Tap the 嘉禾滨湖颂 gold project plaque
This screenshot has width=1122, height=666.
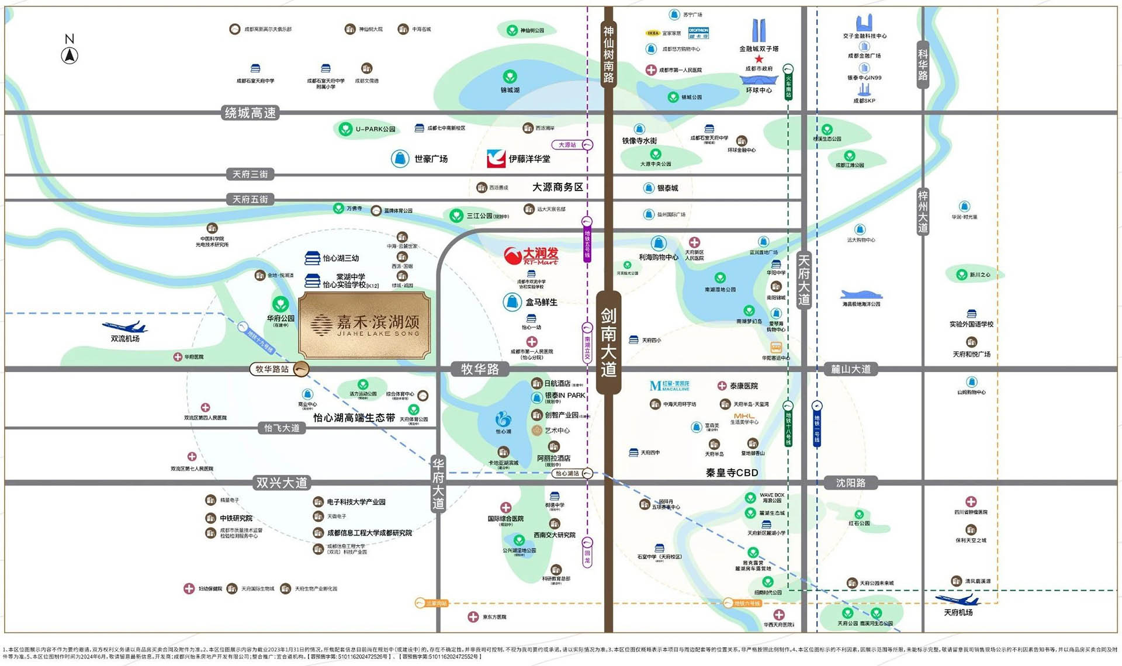coord(365,325)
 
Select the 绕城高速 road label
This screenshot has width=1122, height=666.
coord(251,113)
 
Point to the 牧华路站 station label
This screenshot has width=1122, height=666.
coord(272,369)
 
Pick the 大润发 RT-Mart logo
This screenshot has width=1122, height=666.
coord(531,255)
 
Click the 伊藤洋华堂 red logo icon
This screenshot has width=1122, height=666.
coord(496,158)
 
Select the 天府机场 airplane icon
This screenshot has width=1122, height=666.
coord(957,600)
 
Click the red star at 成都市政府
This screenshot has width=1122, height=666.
coord(759,59)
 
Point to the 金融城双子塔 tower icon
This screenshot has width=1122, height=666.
coord(759,30)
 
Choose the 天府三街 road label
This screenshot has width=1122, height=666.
coord(250,174)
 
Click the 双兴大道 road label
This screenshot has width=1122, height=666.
coord(282,483)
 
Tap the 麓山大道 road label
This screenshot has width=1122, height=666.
coord(851,369)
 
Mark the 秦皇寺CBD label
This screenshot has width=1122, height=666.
coord(732,473)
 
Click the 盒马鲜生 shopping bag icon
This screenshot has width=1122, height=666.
coord(512,302)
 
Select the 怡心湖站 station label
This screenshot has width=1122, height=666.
coord(567,473)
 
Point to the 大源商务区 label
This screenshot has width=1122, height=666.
coord(557,187)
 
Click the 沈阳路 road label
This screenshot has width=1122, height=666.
coord(850,483)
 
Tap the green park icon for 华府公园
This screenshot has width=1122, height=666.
coord(280,304)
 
